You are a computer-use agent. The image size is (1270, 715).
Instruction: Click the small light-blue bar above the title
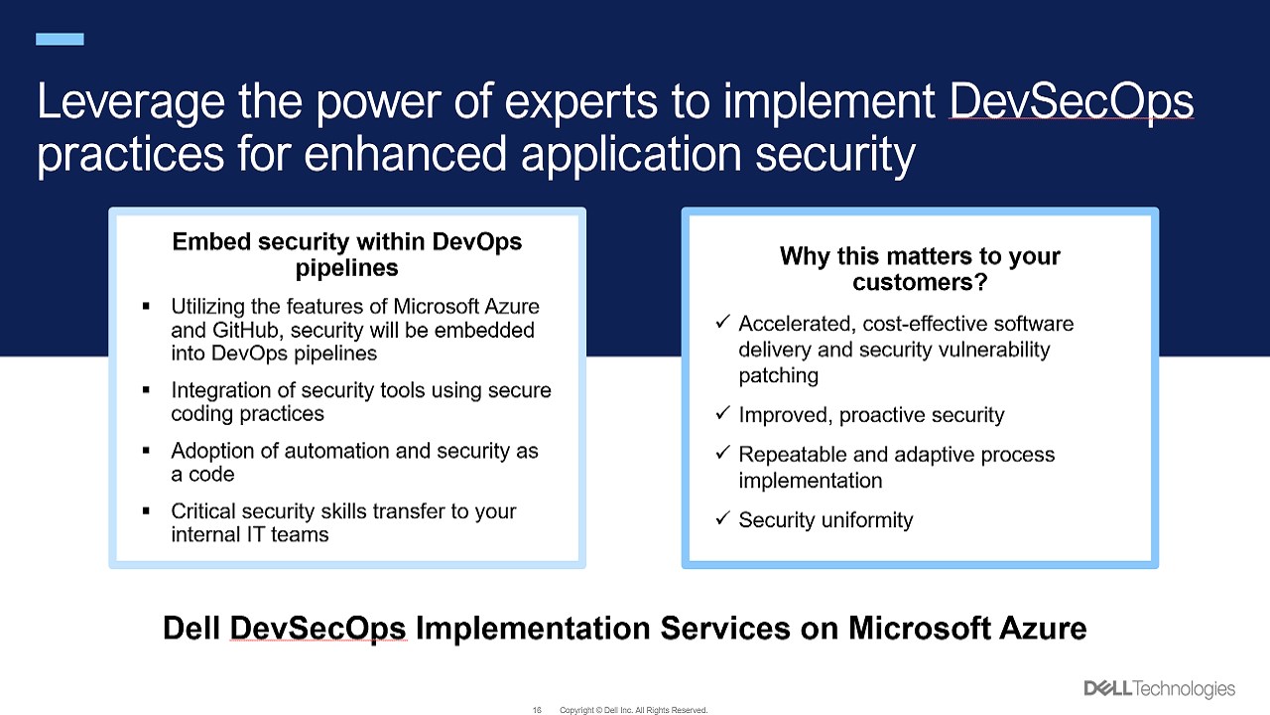pos(60,39)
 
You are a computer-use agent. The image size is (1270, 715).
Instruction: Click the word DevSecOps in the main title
pos(1071,102)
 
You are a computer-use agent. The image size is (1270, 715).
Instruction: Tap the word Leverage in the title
pos(131,103)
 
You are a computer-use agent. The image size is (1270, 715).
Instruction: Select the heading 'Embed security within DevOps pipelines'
pos(347,254)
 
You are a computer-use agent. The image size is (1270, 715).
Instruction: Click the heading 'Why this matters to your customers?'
pos(920,269)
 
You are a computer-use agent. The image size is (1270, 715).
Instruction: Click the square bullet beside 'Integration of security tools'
pos(146,390)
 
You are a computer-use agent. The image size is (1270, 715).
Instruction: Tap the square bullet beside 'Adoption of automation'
pos(146,451)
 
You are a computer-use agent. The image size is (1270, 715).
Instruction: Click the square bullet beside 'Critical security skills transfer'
pos(146,510)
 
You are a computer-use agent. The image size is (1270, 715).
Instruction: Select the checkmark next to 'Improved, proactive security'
pos(722,412)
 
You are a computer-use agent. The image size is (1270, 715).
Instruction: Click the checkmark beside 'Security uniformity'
pos(722,517)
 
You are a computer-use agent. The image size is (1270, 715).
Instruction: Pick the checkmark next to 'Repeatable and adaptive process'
pos(722,452)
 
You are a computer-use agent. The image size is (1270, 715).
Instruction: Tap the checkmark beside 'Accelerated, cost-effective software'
pos(722,321)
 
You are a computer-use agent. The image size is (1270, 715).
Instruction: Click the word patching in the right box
pos(779,376)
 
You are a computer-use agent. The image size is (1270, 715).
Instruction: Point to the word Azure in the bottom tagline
pos(1043,629)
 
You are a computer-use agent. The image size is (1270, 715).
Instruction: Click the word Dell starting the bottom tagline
pos(191,629)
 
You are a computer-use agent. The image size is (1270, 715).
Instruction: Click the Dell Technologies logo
pos(1160,689)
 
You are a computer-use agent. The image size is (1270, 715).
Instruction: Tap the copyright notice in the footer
pos(633,710)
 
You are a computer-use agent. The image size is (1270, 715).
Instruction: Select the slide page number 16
pos(537,710)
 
